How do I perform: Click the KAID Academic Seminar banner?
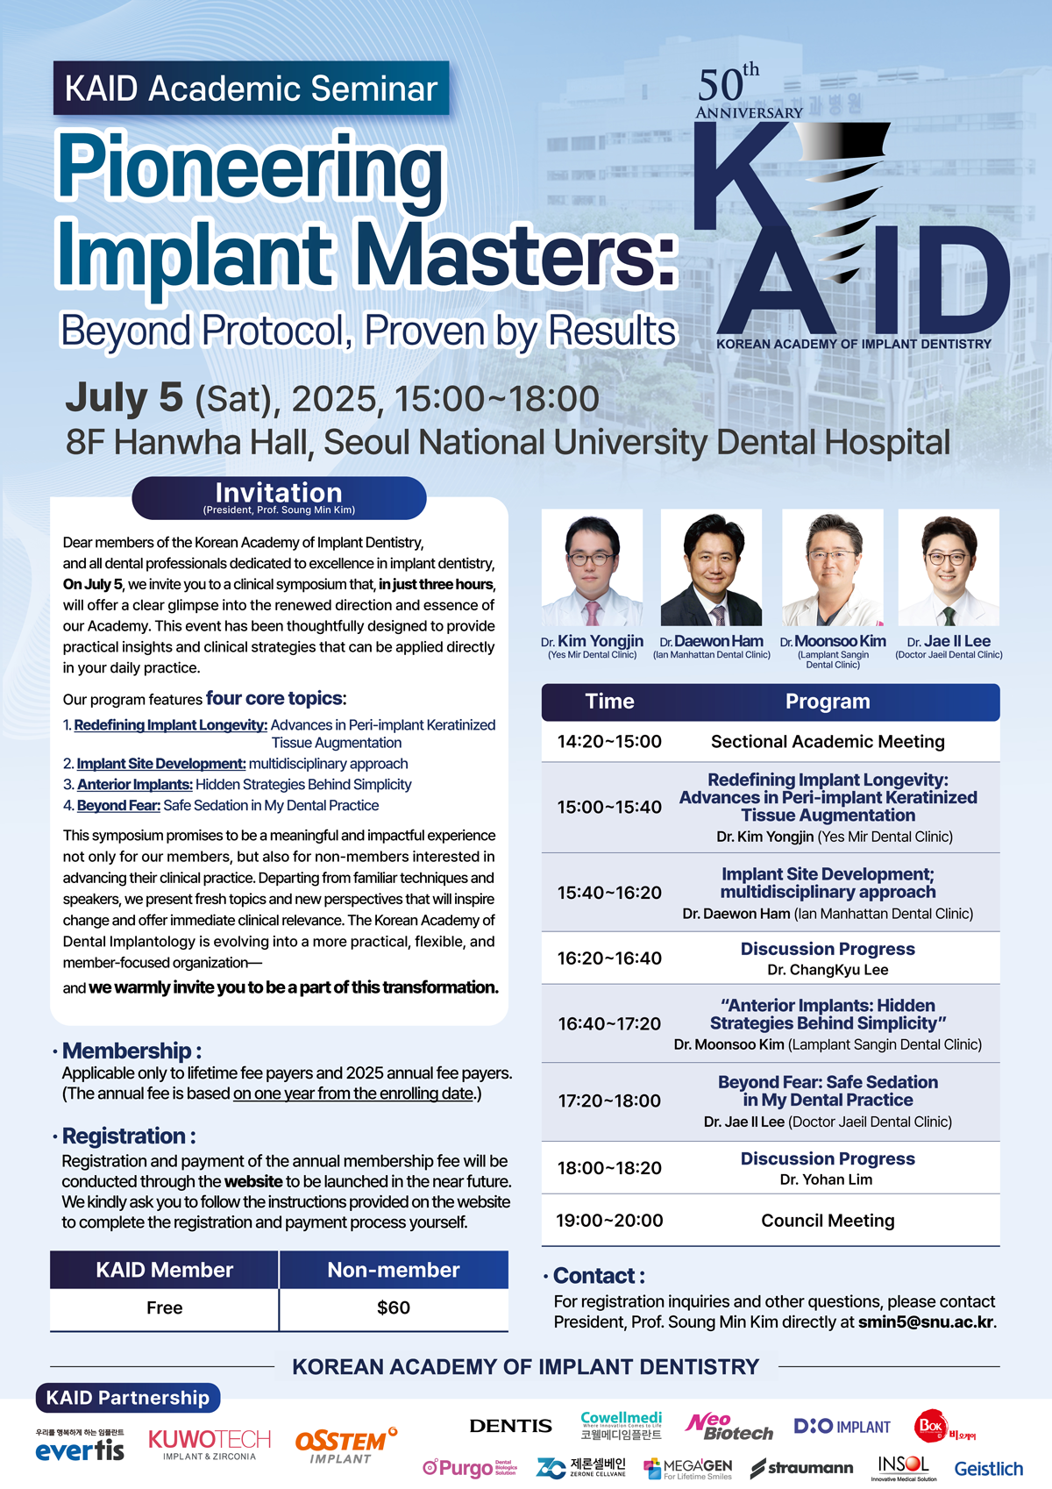tap(252, 88)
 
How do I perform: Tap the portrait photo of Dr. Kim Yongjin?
tap(592, 567)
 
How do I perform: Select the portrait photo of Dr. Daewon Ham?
tap(711, 567)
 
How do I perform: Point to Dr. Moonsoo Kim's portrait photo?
tap(833, 567)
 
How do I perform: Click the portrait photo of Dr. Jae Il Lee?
tap(949, 567)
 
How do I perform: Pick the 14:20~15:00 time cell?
tap(609, 741)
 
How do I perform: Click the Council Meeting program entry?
tap(828, 1221)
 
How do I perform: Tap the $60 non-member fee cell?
tap(394, 1307)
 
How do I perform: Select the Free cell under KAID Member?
tap(164, 1307)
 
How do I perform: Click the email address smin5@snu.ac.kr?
tap(927, 1322)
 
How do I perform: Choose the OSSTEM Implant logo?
tap(346, 1444)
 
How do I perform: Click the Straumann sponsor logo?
tap(801, 1468)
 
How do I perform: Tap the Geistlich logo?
tap(988, 1469)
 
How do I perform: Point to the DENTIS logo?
tap(510, 1425)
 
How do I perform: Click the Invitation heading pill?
tap(279, 498)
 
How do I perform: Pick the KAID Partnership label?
tap(128, 1397)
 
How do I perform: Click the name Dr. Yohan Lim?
tap(826, 1179)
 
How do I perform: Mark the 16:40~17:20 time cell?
tap(609, 1023)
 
